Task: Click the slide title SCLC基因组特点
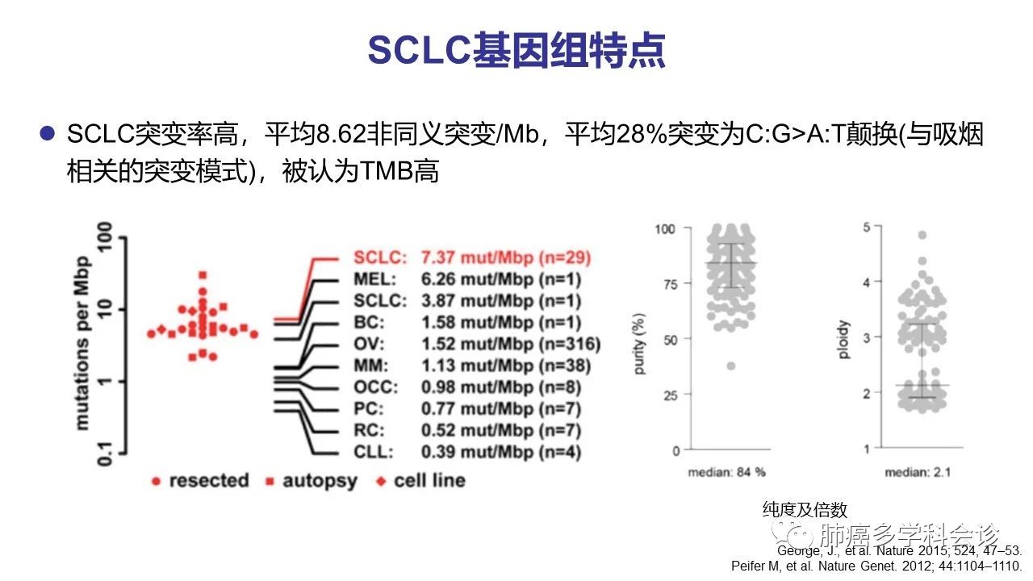coord(516,50)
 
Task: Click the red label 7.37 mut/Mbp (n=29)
coord(506,258)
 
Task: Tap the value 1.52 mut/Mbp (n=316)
coord(511,345)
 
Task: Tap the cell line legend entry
coord(420,481)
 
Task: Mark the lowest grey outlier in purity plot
coord(731,366)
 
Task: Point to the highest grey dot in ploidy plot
coord(922,236)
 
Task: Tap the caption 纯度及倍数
coord(805,510)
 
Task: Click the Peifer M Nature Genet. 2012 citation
coord(876,566)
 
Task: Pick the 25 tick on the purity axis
coord(671,395)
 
